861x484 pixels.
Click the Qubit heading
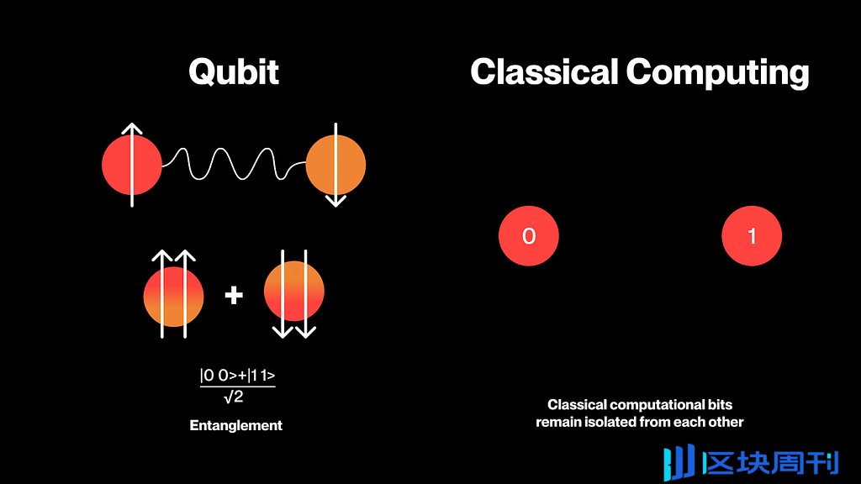234,72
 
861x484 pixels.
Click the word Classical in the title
544,72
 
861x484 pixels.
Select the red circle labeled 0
529,236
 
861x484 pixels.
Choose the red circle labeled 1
752,236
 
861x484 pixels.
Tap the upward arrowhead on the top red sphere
132,129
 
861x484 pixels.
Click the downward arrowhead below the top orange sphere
335,201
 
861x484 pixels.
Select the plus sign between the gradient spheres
234,295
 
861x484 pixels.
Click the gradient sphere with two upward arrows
174,297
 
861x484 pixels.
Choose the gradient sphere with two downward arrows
294,292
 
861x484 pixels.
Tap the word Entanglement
236,425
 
